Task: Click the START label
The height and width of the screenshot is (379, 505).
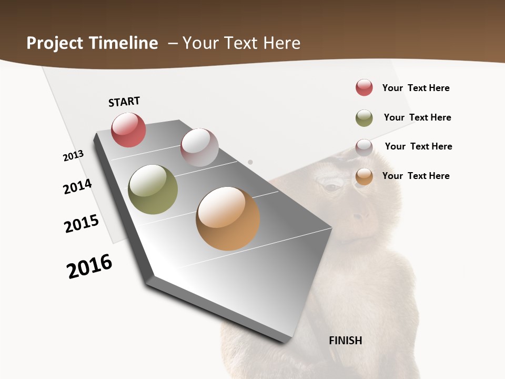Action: coord(124,102)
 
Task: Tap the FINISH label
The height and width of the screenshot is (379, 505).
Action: coord(346,341)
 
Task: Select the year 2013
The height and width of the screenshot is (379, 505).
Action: coord(73,156)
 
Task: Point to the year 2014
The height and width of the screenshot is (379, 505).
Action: coord(78,186)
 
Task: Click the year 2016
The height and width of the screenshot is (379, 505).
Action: coord(89,266)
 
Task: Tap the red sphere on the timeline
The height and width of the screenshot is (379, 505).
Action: coord(128,130)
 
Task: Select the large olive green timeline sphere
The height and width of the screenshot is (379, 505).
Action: coord(153,189)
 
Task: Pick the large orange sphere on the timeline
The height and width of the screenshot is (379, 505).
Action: coord(228,218)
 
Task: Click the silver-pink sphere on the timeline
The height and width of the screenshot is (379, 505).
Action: coord(199,147)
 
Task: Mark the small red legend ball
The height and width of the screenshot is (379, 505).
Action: coord(364,87)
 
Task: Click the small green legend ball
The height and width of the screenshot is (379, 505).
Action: coord(364,118)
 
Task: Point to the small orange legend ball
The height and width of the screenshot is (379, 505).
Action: coord(364,176)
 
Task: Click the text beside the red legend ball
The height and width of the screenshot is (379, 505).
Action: coord(416,88)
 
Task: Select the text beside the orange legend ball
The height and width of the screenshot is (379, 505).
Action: coord(416,176)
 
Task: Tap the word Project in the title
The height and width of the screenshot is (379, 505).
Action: coord(52,43)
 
